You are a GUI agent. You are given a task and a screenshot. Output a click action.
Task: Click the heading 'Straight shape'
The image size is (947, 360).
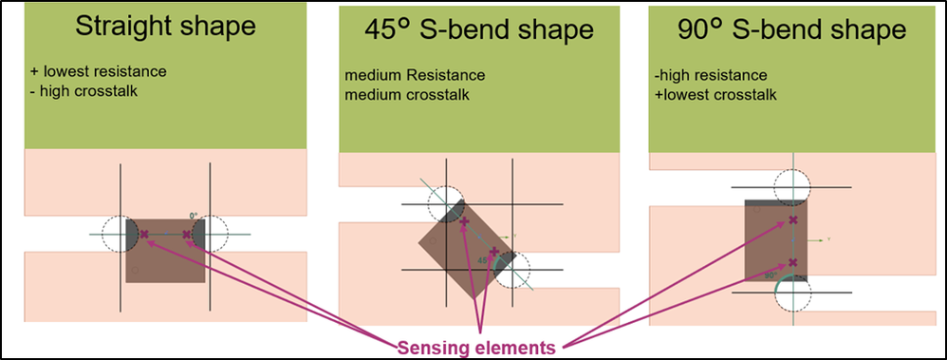click(165, 26)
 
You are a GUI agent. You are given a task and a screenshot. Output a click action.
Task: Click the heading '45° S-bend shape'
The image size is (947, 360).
click(479, 29)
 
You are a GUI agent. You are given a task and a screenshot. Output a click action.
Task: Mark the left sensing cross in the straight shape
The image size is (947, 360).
click(144, 234)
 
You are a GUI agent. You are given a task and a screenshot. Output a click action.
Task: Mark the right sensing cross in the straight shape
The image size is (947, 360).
click(186, 234)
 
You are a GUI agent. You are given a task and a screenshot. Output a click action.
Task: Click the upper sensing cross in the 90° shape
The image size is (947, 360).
click(793, 220)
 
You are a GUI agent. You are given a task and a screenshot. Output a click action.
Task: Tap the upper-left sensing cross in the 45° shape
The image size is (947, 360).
click(464, 220)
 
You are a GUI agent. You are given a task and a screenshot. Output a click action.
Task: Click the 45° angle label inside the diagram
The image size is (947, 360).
click(483, 259)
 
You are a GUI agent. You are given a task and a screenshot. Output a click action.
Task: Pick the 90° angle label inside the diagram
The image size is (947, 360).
click(771, 275)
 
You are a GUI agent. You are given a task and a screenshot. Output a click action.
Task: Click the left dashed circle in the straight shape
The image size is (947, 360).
click(121, 233)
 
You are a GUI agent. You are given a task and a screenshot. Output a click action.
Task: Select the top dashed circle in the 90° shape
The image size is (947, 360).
click(793, 187)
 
